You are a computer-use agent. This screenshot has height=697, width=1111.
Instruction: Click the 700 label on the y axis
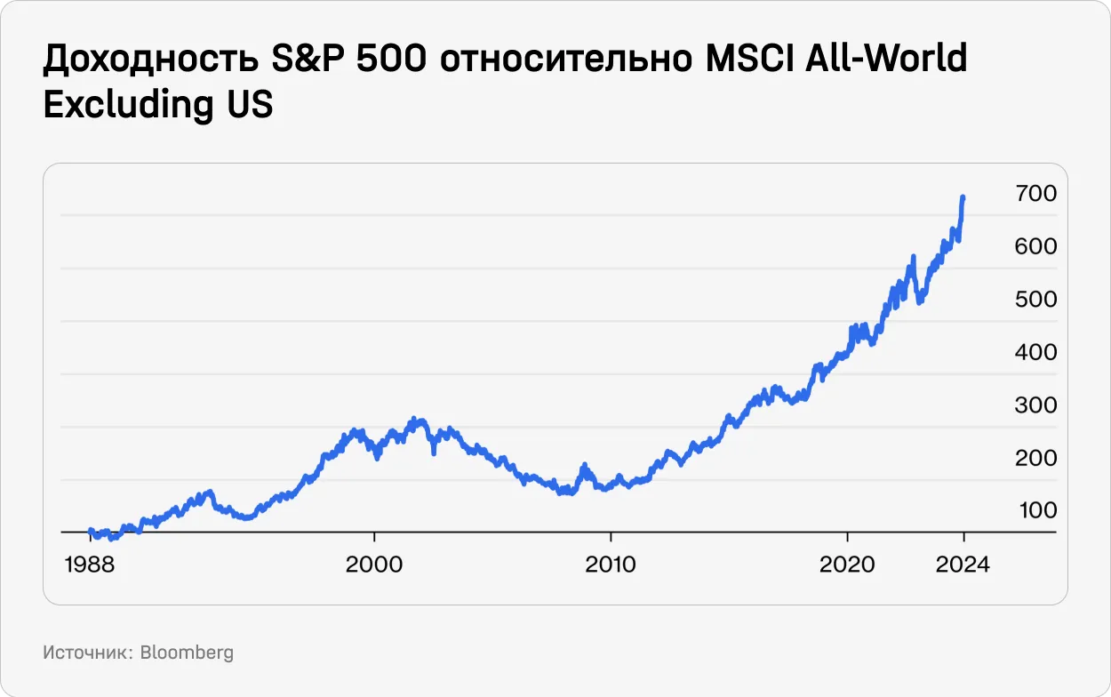[x=1035, y=193]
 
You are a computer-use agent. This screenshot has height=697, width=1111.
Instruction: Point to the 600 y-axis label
[x=1035, y=246]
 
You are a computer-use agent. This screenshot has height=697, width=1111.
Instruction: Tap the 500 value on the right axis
[x=1035, y=299]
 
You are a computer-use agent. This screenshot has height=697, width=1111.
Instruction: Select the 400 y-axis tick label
[x=1035, y=352]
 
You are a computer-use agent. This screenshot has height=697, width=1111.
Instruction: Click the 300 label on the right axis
[x=1035, y=405]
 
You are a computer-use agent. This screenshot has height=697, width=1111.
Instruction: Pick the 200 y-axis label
[x=1035, y=458]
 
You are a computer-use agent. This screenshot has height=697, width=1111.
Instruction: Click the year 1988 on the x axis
[x=91, y=565]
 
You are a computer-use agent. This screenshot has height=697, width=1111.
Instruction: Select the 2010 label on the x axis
[x=611, y=565]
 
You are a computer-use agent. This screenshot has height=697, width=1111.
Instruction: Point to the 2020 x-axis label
[x=848, y=565]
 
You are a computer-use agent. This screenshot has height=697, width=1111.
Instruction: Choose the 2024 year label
[x=963, y=565]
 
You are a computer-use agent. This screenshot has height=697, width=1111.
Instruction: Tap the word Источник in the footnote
[x=86, y=653]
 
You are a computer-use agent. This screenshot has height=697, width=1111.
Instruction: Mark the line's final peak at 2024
[x=963, y=197]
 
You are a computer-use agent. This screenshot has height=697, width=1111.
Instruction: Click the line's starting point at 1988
[x=91, y=531]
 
